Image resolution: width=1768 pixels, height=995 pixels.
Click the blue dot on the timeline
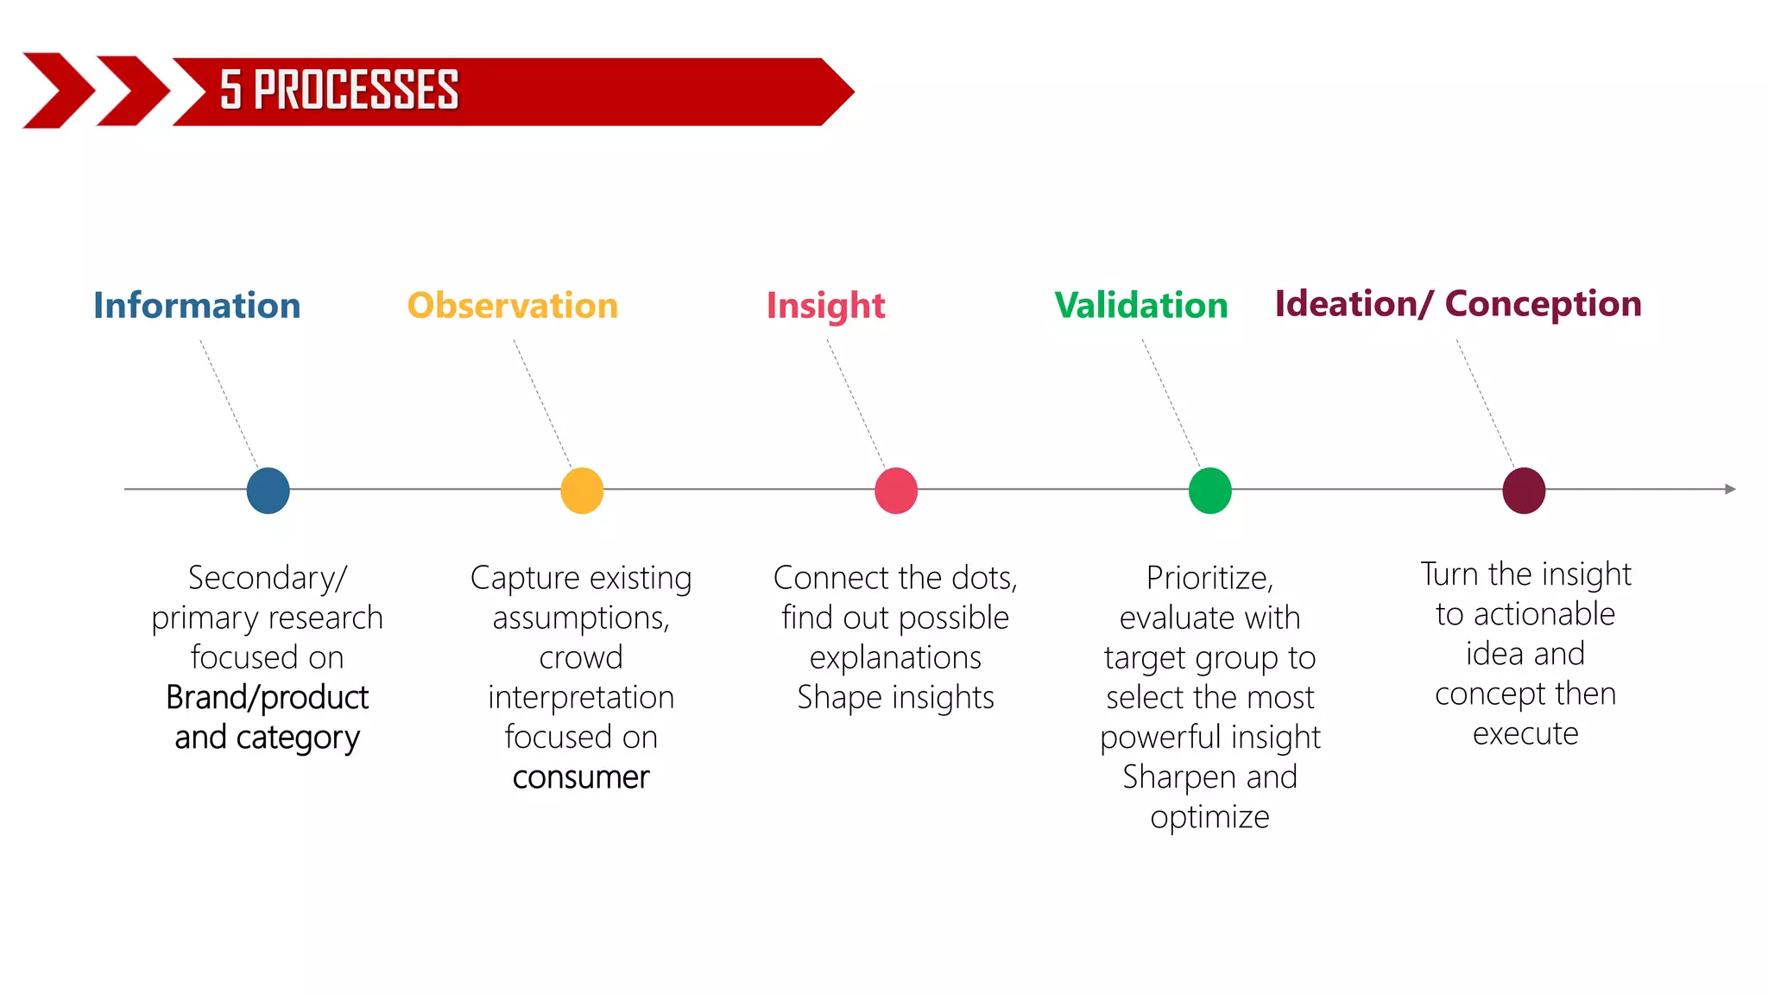click(x=268, y=491)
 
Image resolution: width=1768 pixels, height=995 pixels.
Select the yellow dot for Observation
click(x=582, y=491)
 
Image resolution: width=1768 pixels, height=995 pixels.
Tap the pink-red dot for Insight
click(x=896, y=491)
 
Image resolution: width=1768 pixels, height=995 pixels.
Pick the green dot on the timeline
click(x=1209, y=491)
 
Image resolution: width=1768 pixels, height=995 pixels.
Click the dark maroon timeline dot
click(x=1524, y=491)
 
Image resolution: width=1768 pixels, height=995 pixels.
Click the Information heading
click(x=197, y=306)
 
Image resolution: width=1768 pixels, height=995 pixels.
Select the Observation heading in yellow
click(x=513, y=306)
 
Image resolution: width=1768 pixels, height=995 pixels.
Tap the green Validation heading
click(x=1141, y=306)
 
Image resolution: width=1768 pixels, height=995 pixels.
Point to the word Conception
click(x=1543, y=304)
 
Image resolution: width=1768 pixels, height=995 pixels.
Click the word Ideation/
click(x=1354, y=304)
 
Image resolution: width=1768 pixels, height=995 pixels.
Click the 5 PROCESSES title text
click(x=339, y=91)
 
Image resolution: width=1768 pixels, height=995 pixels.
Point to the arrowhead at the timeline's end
click(x=1729, y=489)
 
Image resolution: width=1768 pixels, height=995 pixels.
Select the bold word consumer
click(x=581, y=777)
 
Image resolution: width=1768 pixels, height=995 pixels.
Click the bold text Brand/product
click(x=267, y=698)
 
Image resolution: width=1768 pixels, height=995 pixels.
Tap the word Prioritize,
click(x=1209, y=578)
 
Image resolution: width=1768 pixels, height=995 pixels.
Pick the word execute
click(x=1525, y=734)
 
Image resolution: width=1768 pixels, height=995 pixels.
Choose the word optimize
click(x=1209, y=817)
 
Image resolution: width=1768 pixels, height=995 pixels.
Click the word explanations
click(x=895, y=658)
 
